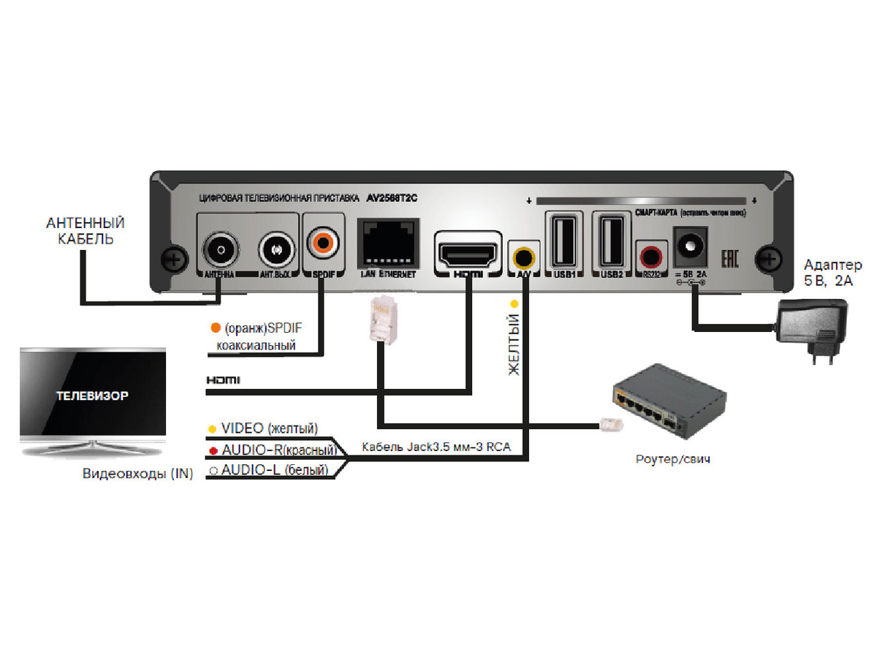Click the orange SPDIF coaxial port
pos(322,241)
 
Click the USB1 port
pos(563,241)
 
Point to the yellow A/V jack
pos(523,257)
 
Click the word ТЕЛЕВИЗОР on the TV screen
pos(93,396)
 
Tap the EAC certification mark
pos(731,257)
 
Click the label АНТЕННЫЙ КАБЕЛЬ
pos(85,230)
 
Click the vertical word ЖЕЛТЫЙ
pos(514,344)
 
